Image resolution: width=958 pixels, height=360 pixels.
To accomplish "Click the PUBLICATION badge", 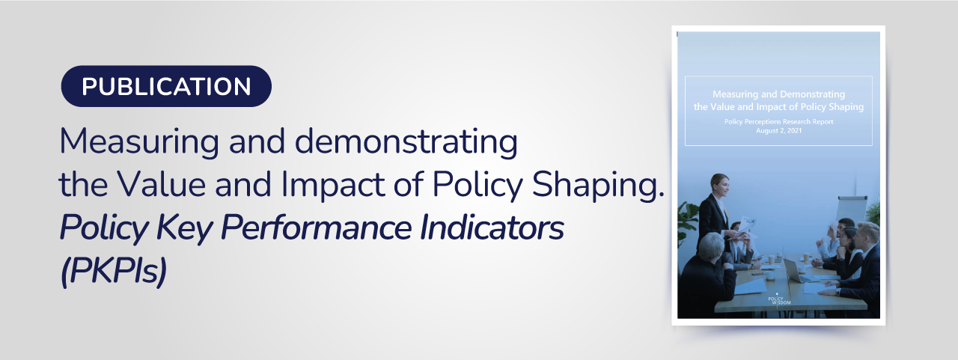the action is pos(166,86).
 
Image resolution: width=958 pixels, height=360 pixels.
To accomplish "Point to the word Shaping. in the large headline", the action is pos(598,186).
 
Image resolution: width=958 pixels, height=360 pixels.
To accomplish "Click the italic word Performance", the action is pos(317,228).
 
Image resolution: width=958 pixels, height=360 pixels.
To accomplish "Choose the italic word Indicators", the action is pos(492,227).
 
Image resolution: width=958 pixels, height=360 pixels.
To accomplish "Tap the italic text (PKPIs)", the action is pos(113,272).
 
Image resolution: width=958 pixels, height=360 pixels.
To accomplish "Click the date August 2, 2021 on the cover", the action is pos(779,131).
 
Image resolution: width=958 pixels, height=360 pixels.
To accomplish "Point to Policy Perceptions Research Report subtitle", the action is pos(779,122).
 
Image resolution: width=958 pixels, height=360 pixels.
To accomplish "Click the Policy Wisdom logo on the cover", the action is pos(779,299).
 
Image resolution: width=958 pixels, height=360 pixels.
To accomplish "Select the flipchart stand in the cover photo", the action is pos(851,209).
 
